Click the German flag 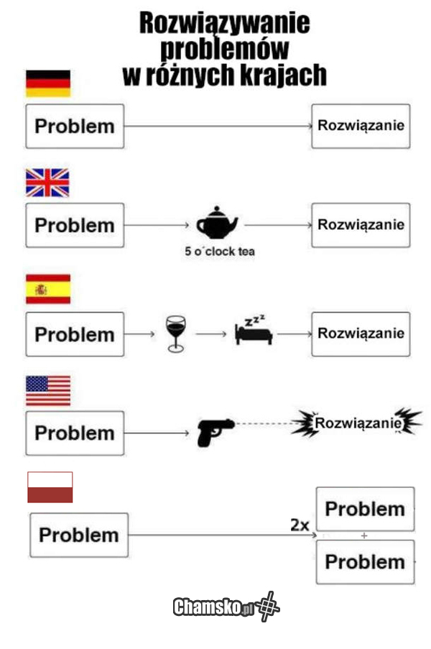48,83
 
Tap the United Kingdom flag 47,183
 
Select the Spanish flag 48,288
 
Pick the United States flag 48,390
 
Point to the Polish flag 50,487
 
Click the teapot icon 217,224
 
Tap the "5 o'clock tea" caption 219,252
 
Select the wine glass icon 175,333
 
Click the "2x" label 300,525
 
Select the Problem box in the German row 75,126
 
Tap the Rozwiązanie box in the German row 361,126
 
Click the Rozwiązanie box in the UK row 361,224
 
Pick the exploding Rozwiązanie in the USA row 357,423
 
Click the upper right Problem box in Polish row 365,509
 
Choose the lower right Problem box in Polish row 365,561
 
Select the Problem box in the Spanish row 75,334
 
